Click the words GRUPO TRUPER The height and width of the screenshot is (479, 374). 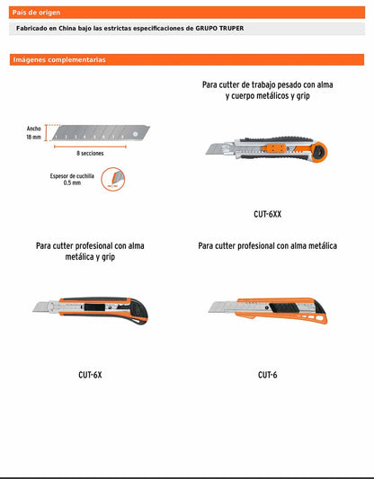(219, 29)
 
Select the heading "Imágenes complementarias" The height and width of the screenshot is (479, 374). (58, 59)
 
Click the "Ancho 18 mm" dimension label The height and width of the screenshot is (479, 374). (33, 133)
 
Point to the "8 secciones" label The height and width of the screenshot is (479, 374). (90, 154)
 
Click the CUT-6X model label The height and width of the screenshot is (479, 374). (90, 375)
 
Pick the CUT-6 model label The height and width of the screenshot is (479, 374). (267, 375)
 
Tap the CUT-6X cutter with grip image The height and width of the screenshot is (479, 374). (91, 312)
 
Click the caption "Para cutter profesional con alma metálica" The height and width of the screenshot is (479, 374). (268, 245)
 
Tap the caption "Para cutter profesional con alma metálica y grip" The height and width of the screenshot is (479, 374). (90, 251)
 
